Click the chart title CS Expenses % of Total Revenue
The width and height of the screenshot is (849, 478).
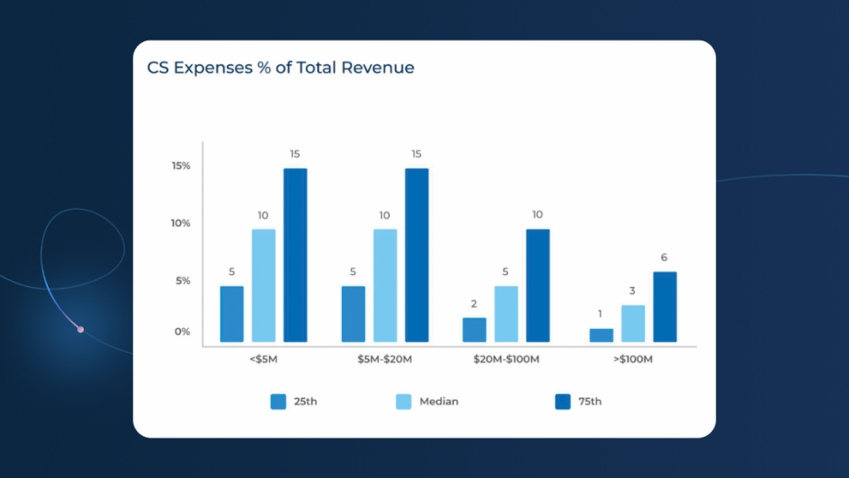pos(280,68)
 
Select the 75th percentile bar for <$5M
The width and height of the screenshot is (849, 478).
pos(295,255)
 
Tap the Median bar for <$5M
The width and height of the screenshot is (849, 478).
pos(264,285)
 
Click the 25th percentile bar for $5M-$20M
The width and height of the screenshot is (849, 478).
pos(354,313)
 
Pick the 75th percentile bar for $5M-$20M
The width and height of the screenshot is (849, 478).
pos(416,255)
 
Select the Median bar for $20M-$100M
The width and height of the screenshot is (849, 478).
pos(506,313)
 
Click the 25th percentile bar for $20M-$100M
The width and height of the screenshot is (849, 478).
pos(474,329)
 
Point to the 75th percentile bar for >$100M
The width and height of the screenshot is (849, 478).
pos(664,306)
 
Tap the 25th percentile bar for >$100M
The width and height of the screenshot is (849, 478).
pos(601,335)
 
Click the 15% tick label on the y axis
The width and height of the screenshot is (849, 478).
pos(181,166)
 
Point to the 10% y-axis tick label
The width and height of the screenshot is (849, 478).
pos(181,223)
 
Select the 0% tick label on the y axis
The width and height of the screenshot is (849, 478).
pos(183,332)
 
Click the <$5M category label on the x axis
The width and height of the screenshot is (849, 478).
pos(263,359)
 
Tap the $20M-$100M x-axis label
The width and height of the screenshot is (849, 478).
pos(506,359)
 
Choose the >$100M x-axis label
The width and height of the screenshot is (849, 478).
pos(632,359)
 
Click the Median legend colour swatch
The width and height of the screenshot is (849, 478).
pos(403,402)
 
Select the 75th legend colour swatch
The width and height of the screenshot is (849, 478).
pos(563,402)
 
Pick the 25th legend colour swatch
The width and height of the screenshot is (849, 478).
pos(278,402)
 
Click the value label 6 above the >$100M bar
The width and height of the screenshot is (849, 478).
pos(664,257)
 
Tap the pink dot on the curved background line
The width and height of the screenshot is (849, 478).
pos(81,329)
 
